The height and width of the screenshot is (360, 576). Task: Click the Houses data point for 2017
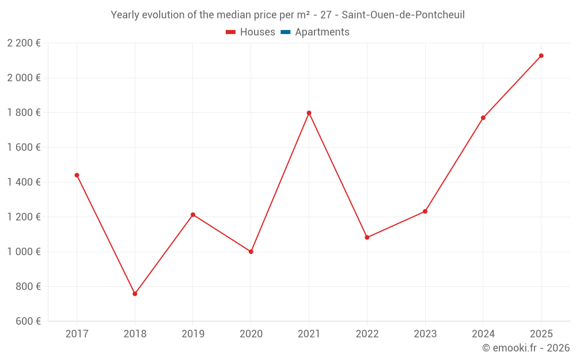[77, 175]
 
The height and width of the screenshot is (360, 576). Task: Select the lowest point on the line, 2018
[135, 294]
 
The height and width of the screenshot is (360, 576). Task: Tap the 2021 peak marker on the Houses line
[309, 113]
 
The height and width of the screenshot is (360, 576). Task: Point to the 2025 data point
[541, 56]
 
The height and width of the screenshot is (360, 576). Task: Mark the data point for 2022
[367, 237]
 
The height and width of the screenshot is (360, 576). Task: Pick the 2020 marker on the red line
[251, 252]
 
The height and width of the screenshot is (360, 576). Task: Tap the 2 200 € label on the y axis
[24, 43]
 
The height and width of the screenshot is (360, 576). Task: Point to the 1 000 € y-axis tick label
[24, 252]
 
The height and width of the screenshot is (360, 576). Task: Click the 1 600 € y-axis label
[24, 147]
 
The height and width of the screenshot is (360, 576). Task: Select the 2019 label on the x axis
[193, 334]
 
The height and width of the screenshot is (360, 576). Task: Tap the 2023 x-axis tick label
[425, 334]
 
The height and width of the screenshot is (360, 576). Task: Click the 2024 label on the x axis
[483, 334]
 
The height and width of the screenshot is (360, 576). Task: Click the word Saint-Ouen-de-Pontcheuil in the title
[403, 15]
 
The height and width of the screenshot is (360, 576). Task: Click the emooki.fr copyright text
[526, 348]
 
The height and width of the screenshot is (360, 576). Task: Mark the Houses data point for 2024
[483, 118]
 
